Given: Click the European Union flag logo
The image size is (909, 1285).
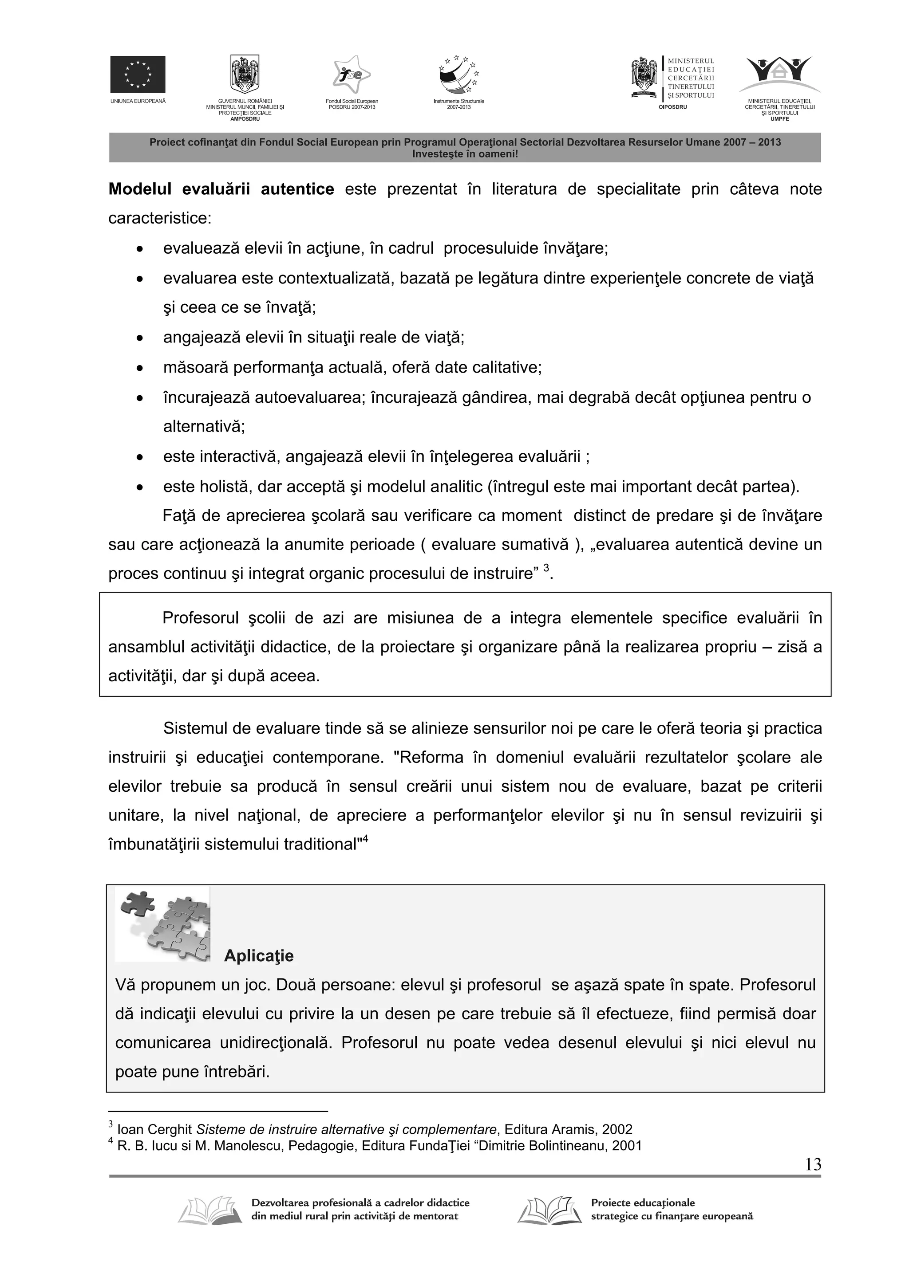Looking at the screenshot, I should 137,74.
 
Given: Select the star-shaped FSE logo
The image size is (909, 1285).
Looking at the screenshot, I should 352,75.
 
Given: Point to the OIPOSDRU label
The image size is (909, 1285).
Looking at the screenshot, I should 672,107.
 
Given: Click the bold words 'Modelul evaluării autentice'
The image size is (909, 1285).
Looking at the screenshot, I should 221,189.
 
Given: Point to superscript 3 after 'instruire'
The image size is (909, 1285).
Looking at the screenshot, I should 547,568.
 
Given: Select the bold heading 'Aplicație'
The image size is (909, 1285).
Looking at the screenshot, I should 258,955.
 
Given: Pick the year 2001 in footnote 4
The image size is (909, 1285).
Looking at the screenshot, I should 627,1146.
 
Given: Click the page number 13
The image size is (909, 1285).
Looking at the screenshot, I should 813,1165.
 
